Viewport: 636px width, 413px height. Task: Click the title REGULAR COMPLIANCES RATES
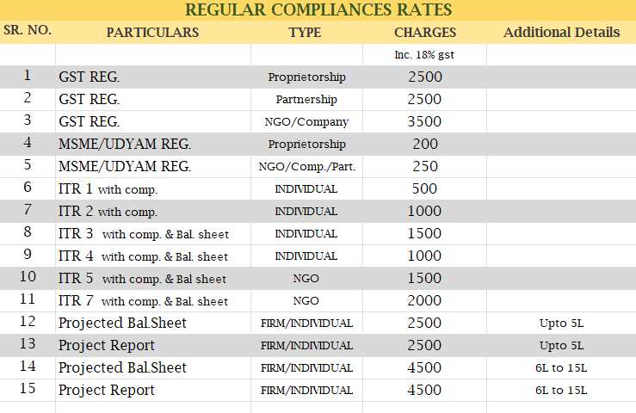pos(318,9)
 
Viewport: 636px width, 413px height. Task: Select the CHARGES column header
pos(425,33)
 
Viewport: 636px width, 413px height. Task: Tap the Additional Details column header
pos(561,32)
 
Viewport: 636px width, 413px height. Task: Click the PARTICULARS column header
pos(152,33)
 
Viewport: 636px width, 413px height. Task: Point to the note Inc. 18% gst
pos(424,55)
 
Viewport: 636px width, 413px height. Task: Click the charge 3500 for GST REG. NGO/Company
pos(424,121)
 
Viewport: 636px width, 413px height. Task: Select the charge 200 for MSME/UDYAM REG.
pos(425,144)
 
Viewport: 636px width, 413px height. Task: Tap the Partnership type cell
pos(306,100)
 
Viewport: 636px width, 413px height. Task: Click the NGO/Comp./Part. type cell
pos(306,166)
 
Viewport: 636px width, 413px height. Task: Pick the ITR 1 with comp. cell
pos(108,188)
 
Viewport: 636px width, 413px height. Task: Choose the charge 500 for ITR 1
pos(424,188)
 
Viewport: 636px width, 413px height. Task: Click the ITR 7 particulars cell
pos(143,300)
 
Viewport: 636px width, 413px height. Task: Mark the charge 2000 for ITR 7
pos(424,300)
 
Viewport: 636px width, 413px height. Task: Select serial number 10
pos(28,276)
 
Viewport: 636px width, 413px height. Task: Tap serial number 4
pos(28,143)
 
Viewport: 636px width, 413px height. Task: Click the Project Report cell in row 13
pos(106,345)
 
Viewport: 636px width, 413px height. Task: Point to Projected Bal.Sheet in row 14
pos(122,367)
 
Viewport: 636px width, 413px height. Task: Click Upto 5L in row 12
pos(561,323)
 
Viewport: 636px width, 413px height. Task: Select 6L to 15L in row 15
pos(561,390)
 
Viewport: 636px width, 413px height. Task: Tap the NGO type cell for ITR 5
pos(306,278)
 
